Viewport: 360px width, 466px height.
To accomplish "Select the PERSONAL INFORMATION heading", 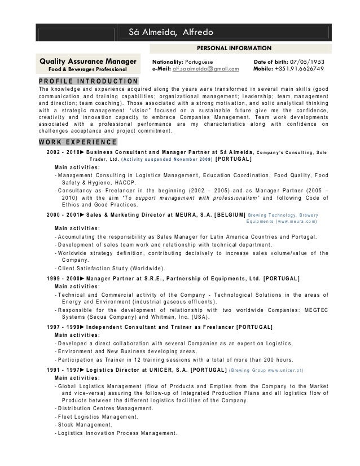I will click(x=234, y=49).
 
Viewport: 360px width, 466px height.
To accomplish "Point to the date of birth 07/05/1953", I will click(x=312, y=60).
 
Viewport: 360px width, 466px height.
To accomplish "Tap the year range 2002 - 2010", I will click(x=63, y=152).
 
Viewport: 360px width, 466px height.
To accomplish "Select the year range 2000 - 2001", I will click(x=63, y=214).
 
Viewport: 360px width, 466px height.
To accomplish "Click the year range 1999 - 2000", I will click(x=63, y=278).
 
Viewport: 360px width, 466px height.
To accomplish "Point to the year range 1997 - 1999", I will click(x=63, y=327).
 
